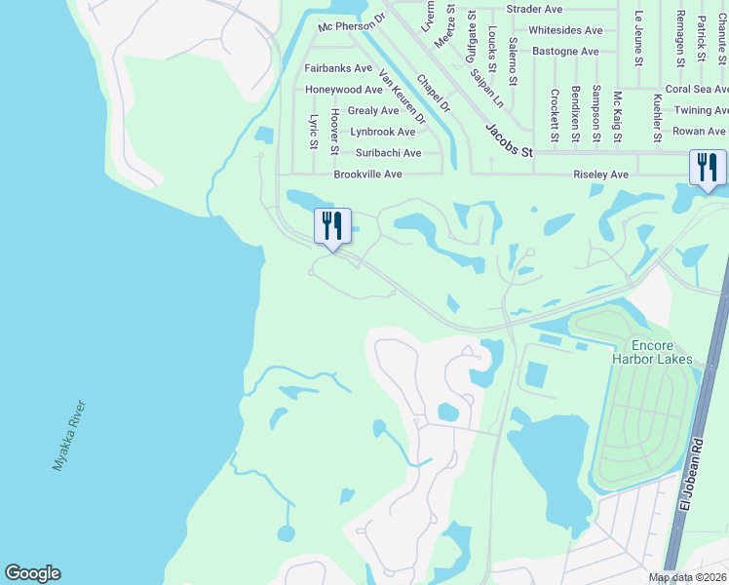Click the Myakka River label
click(70, 436)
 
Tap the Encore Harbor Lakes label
click(663, 352)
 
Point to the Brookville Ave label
click(367, 175)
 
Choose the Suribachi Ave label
click(388, 153)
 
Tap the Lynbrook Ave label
click(383, 132)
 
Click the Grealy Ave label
click(372, 111)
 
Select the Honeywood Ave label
click(343, 90)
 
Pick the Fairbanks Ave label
click(338, 68)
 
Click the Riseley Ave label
click(599, 175)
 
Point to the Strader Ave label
click(535, 9)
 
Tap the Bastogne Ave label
click(563, 51)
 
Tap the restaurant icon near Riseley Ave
click(708, 167)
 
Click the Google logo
click(32, 573)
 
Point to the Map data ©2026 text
click(687, 578)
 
